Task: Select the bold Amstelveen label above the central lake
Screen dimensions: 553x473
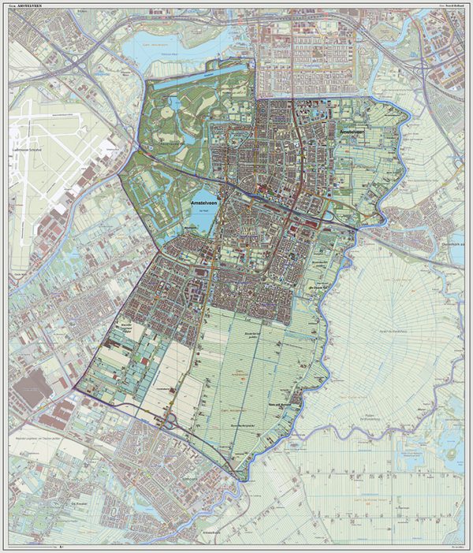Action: [x=207, y=202]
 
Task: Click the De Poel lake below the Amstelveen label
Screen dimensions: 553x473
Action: [x=202, y=217]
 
